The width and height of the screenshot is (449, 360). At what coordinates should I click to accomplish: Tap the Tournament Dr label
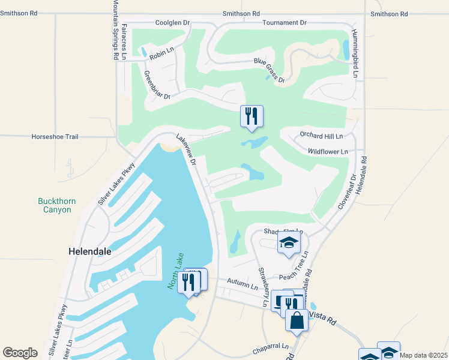tap(285, 23)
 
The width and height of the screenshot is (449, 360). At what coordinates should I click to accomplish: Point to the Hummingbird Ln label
tap(355, 54)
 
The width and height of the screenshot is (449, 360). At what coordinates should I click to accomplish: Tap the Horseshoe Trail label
tap(55, 137)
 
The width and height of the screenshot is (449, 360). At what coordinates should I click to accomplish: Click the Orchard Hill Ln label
tap(321, 137)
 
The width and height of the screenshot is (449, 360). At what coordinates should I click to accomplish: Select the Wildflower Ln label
tap(328, 152)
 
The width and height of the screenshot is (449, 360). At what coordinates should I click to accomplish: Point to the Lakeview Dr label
tap(186, 150)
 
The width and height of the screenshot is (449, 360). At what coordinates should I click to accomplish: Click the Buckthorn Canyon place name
tap(57, 205)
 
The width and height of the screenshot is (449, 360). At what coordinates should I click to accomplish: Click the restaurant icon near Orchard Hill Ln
tap(252, 116)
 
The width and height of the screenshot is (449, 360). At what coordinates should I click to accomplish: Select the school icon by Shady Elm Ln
tap(289, 243)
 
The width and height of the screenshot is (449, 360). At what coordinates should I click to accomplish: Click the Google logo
tap(20, 353)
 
